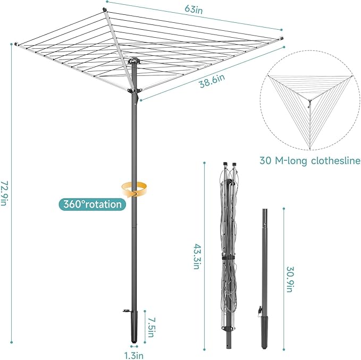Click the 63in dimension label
point(192,9)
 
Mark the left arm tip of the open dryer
point(17,44)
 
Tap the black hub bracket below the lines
point(136,94)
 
